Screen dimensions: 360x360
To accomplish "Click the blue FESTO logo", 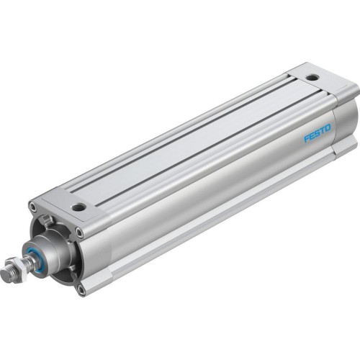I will pos(317,133).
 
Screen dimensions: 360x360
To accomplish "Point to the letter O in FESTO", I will pos(328,128).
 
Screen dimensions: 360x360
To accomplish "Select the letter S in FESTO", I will pos(318,133).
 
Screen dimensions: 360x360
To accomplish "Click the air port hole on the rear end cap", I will pos(311,76).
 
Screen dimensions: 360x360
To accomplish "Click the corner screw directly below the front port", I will pos(80,233).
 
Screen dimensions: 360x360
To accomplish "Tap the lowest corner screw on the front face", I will pos(81,290).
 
